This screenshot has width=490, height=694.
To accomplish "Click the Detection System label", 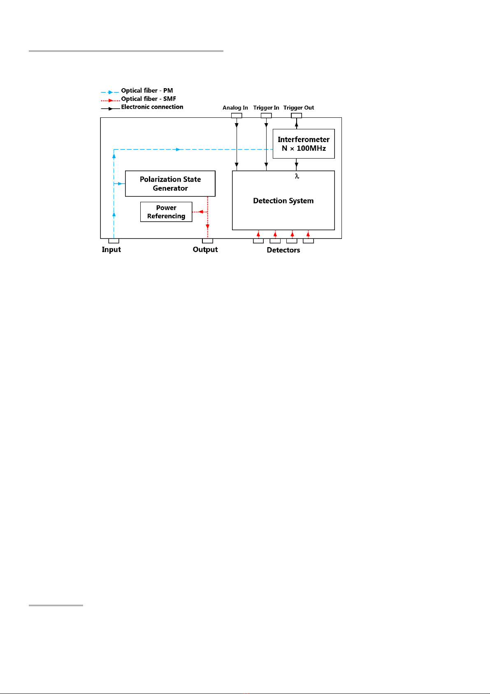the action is (x=283, y=201).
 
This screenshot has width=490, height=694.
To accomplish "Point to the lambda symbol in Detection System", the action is (x=297, y=176).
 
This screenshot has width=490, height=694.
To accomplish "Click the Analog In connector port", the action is (x=237, y=116).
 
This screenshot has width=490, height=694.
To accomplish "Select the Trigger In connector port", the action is (x=266, y=116).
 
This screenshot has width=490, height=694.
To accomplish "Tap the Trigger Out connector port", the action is (x=296, y=116).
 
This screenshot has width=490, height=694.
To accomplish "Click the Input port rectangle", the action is (x=114, y=241).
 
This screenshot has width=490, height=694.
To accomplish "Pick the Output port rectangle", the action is (x=207, y=241).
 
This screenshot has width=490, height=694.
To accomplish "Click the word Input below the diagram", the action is (x=111, y=250).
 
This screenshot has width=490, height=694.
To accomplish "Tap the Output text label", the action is (x=205, y=250).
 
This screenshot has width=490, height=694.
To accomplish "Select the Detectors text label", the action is (x=283, y=250).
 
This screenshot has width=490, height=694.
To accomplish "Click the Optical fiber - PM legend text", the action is (x=147, y=91).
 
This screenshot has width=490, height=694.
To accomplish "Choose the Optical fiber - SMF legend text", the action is (x=149, y=99).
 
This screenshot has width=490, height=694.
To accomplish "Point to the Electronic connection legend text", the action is (x=152, y=107).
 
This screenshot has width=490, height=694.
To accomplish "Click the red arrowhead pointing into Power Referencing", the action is (x=201, y=212).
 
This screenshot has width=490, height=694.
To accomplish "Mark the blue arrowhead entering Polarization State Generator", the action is (x=120, y=184).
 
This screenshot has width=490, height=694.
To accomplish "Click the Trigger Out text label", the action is (x=299, y=107).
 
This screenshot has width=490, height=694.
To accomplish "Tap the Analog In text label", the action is (x=235, y=107).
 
